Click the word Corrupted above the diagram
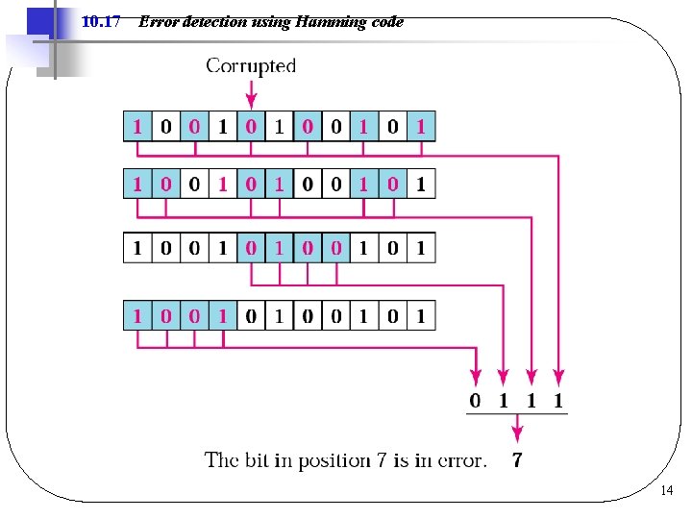point(251,66)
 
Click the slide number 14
point(668,491)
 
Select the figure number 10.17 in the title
point(101,21)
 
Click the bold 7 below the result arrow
point(517,460)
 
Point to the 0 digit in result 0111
point(475,400)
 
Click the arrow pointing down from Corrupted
point(251,94)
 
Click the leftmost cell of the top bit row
point(137,127)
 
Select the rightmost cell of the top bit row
point(420,127)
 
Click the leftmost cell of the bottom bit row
point(137,315)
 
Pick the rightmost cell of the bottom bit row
point(420,315)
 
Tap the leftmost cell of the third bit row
point(137,248)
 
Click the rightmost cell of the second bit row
point(420,183)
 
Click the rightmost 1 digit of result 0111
point(558,400)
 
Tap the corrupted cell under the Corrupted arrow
point(251,127)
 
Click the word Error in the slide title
point(158,21)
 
